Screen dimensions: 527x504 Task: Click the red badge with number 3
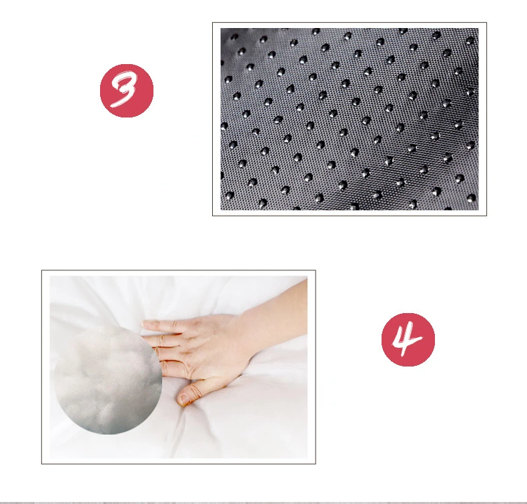(x=127, y=90)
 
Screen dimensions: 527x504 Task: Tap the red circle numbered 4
(x=408, y=340)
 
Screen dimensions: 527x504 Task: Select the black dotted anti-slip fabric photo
(x=350, y=119)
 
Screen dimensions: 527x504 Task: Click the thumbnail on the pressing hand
(x=183, y=399)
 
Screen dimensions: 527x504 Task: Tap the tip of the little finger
(x=145, y=324)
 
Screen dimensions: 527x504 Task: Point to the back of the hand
(x=215, y=346)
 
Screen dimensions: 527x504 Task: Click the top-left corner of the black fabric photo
(x=221, y=28)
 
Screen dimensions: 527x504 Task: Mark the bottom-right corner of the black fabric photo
(x=478, y=210)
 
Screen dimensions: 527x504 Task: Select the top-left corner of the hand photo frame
(x=41, y=270)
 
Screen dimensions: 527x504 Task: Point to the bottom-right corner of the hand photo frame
(x=316, y=464)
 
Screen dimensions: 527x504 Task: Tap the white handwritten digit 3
(x=124, y=90)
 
